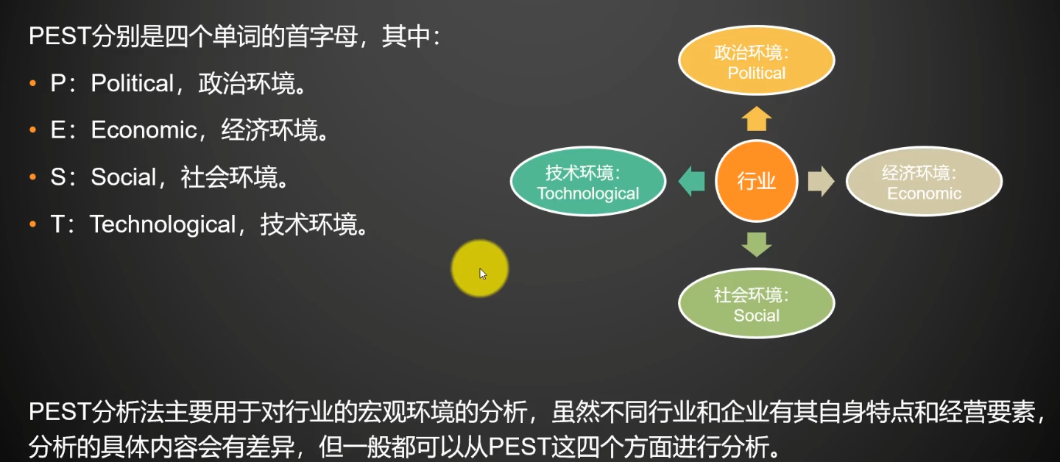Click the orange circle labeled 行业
[x=756, y=181]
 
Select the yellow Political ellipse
[x=756, y=60]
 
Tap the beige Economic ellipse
[x=924, y=181]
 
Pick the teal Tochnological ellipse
[x=588, y=181]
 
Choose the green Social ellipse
[x=756, y=302]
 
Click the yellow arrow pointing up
[x=756, y=118]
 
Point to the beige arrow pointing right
[x=821, y=181]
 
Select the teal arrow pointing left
[x=691, y=181]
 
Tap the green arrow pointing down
[x=756, y=244]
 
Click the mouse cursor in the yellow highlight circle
[x=483, y=274]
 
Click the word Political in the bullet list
[x=132, y=83]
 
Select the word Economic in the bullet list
[x=144, y=129]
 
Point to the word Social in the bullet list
[x=123, y=177]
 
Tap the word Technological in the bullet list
[x=163, y=224]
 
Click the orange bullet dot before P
[x=32, y=83]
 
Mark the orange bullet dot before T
[x=32, y=224]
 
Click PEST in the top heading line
[x=60, y=35]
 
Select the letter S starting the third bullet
[x=58, y=177]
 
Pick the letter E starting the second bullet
[x=57, y=129]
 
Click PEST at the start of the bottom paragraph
[x=60, y=412]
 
